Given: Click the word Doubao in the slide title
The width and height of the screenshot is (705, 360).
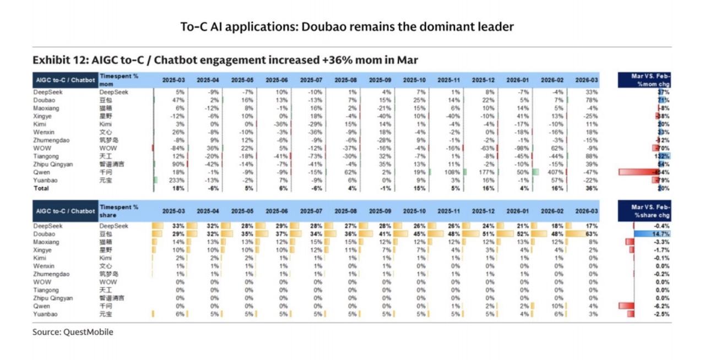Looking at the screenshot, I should pos(321,26).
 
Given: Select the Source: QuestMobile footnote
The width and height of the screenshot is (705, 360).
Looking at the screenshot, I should pos(73,332).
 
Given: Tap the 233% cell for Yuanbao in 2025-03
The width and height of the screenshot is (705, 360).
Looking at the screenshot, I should pos(177,181).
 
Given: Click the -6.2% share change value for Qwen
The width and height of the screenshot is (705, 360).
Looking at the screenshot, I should pos(660,306).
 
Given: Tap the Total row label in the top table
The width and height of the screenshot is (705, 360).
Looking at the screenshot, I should pos(41,188).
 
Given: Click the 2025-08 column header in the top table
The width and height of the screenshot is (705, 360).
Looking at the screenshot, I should pos(346,80).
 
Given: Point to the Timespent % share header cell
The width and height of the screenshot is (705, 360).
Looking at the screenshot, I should pos(118,211).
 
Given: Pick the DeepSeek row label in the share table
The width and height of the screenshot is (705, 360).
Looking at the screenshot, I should pos(48,226).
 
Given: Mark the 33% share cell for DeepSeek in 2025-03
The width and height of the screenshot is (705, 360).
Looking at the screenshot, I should pos(178,226).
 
